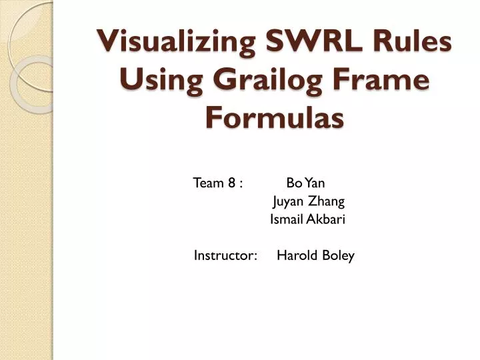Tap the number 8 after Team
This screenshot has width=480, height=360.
pos(230,183)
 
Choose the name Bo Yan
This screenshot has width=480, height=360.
pos(305,183)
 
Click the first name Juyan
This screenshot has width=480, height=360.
pos(287,201)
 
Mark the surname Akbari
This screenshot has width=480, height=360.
pos(325,219)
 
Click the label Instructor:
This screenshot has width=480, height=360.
pos(226,255)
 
